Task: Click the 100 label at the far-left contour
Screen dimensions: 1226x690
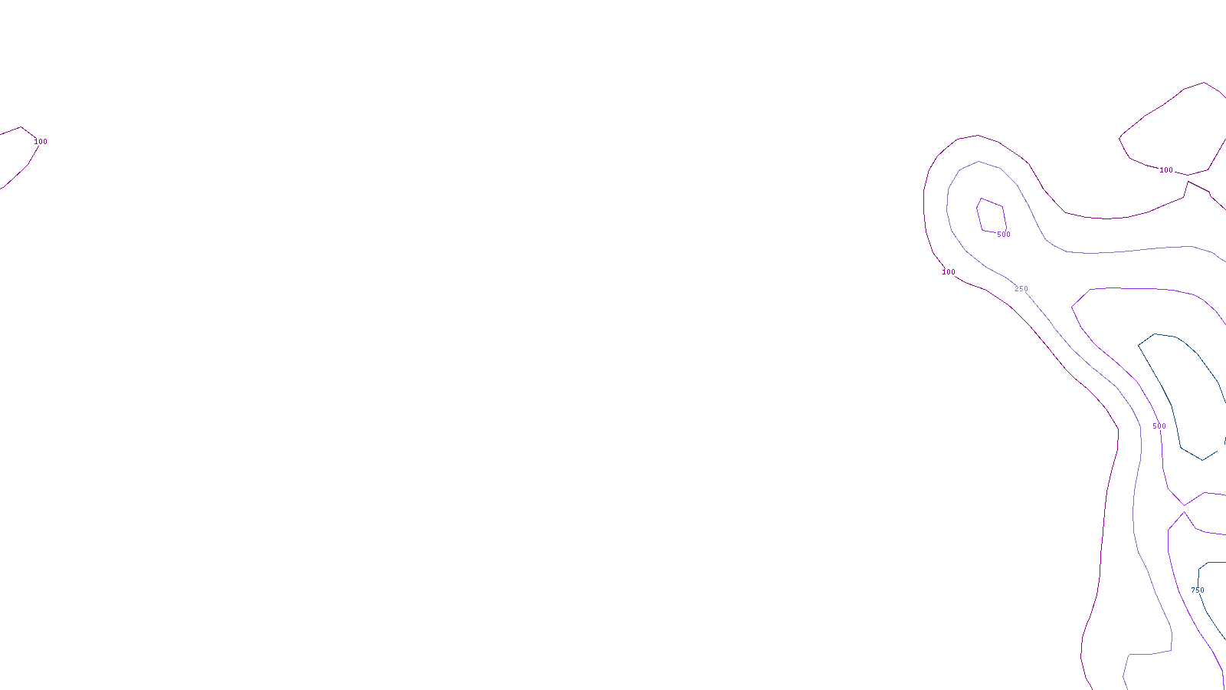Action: click(x=41, y=142)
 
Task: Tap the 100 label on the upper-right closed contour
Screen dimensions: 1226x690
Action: click(x=1165, y=170)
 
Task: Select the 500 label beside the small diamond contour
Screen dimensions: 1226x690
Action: click(x=1003, y=235)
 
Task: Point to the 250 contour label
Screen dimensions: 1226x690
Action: click(x=1021, y=289)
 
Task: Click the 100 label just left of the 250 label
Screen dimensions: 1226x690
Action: click(x=949, y=272)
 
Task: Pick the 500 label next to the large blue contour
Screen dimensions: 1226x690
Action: click(x=1159, y=426)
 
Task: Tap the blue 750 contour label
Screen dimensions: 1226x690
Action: click(x=1197, y=590)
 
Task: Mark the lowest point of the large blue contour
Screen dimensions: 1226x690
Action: click(x=1203, y=460)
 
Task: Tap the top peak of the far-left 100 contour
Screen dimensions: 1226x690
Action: click(x=21, y=127)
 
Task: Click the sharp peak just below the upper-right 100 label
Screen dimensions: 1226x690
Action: click(x=1188, y=181)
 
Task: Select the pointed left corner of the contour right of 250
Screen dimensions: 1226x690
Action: click(x=1071, y=307)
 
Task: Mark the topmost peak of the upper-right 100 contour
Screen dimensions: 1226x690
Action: click(x=1205, y=82)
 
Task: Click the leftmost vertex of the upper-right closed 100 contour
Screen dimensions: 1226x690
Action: click(x=1119, y=138)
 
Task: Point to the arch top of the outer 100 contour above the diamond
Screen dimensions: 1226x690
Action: click(x=977, y=136)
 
